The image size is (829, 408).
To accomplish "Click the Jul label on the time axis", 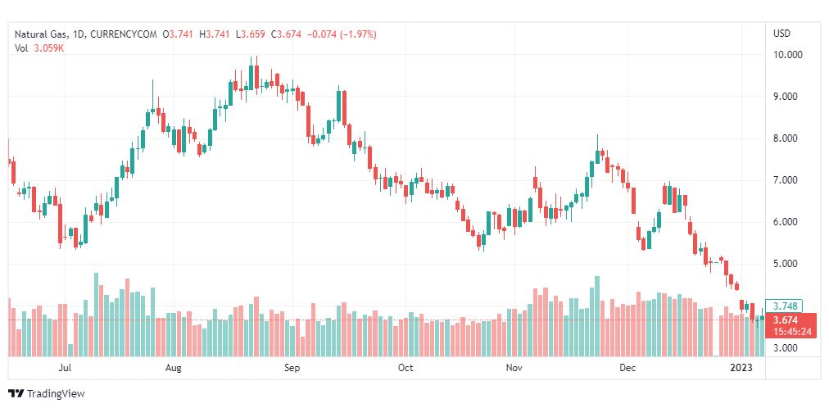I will tap(66, 369).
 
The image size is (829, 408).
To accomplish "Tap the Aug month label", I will tap(173, 369).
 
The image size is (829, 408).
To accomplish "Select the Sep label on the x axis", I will tap(292, 369).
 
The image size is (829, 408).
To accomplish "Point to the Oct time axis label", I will tap(405, 369).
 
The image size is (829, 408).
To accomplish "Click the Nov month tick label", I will tap(514, 369).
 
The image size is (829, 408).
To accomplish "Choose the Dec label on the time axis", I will tap(628, 369).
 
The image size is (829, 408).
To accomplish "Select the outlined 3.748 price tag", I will tap(785, 306).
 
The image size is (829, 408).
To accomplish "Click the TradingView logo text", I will tap(56, 394).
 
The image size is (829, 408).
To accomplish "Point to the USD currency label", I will tap(781, 34).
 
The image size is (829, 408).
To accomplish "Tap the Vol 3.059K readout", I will tap(39, 48).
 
